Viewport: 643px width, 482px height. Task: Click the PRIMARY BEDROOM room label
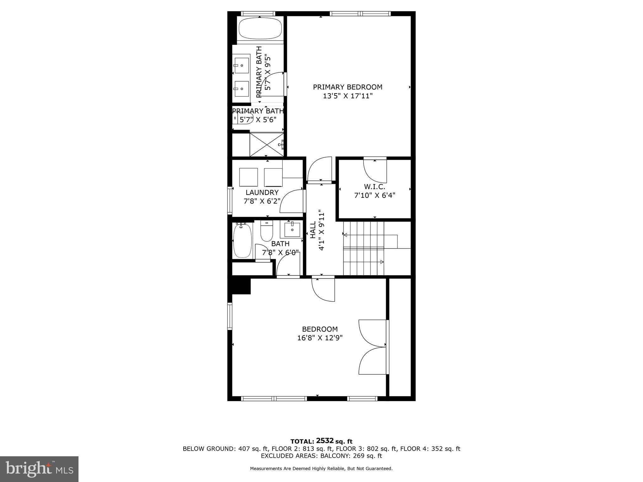click(348, 87)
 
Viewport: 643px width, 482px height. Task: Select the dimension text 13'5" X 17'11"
click(348, 96)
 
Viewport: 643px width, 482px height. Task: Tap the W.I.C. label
click(374, 187)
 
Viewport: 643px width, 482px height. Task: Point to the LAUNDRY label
click(262, 192)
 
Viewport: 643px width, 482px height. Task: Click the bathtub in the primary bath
click(260, 28)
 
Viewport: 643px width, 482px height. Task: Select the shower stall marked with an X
click(266, 144)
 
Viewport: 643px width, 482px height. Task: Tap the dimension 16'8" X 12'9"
click(320, 338)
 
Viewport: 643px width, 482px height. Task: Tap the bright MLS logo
click(39, 469)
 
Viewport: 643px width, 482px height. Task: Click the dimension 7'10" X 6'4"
click(374, 195)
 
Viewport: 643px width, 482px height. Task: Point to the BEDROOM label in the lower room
click(320, 329)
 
